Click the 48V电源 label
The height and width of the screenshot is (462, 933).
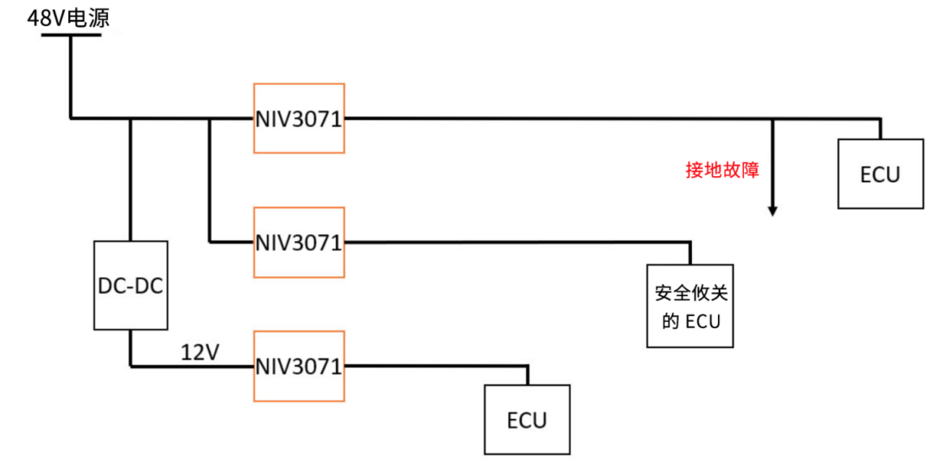tap(68, 17)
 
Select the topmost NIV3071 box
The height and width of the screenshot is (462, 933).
tap(299, 118)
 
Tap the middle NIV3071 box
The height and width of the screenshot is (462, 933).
tap(299, 242)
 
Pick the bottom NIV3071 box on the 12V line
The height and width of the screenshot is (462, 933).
tap(299, 365)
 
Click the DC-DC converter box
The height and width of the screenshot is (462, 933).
tap(130, 285)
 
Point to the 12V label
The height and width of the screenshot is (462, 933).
tap(200, 352)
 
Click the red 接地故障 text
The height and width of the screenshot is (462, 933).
tap(722, 170)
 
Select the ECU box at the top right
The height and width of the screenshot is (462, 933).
tap(879, 174)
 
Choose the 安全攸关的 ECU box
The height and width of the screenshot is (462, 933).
tap(690, 306)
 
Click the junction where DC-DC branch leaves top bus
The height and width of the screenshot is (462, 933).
tap(130, 118)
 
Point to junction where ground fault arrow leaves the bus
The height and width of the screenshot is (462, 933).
tap(772, 118)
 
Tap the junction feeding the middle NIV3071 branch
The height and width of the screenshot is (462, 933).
tap(210, 118)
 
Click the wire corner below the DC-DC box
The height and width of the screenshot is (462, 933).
tap(130, 366)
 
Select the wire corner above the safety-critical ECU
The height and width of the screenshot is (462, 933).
tap(690, 243)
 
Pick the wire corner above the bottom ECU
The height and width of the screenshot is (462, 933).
tap(527, 366)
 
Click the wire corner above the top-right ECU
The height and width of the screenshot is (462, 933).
tap(879, 118)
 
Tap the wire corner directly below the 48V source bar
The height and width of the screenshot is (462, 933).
tap(69, 117)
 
